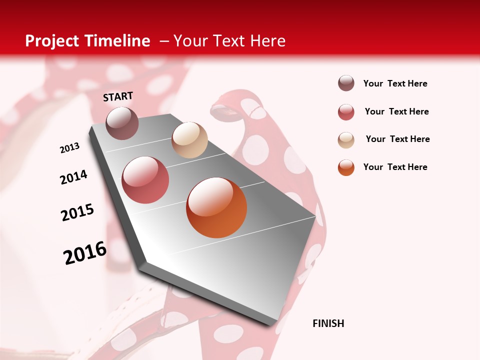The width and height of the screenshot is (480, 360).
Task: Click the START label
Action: point(118,96)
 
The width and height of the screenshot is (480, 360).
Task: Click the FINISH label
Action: point(328,323)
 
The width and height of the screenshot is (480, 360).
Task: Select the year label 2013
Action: point(70,148)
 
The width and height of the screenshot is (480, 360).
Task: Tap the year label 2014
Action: point(74,177)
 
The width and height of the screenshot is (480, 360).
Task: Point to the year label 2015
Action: point(77,212)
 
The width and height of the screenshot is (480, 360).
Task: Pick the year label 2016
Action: point(85,253)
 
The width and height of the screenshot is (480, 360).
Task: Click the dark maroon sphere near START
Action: point(122,123)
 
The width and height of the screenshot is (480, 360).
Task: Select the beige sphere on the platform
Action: point(189,140)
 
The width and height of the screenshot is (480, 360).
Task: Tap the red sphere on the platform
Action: point(145,180)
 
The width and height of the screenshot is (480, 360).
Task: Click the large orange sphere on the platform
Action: point(216,207)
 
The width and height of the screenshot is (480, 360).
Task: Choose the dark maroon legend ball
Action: point(346,83)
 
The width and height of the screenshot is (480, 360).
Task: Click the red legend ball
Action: point(346,112)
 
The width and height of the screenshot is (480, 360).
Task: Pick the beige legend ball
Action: point(346,139)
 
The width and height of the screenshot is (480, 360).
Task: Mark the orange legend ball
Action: point(346,167)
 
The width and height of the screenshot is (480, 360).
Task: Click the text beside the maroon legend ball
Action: point(395,83)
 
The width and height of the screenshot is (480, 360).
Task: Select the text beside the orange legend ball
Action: point(395,167)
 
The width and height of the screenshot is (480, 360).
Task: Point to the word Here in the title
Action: point(267,41)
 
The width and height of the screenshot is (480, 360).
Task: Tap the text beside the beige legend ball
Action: point(398,139)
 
